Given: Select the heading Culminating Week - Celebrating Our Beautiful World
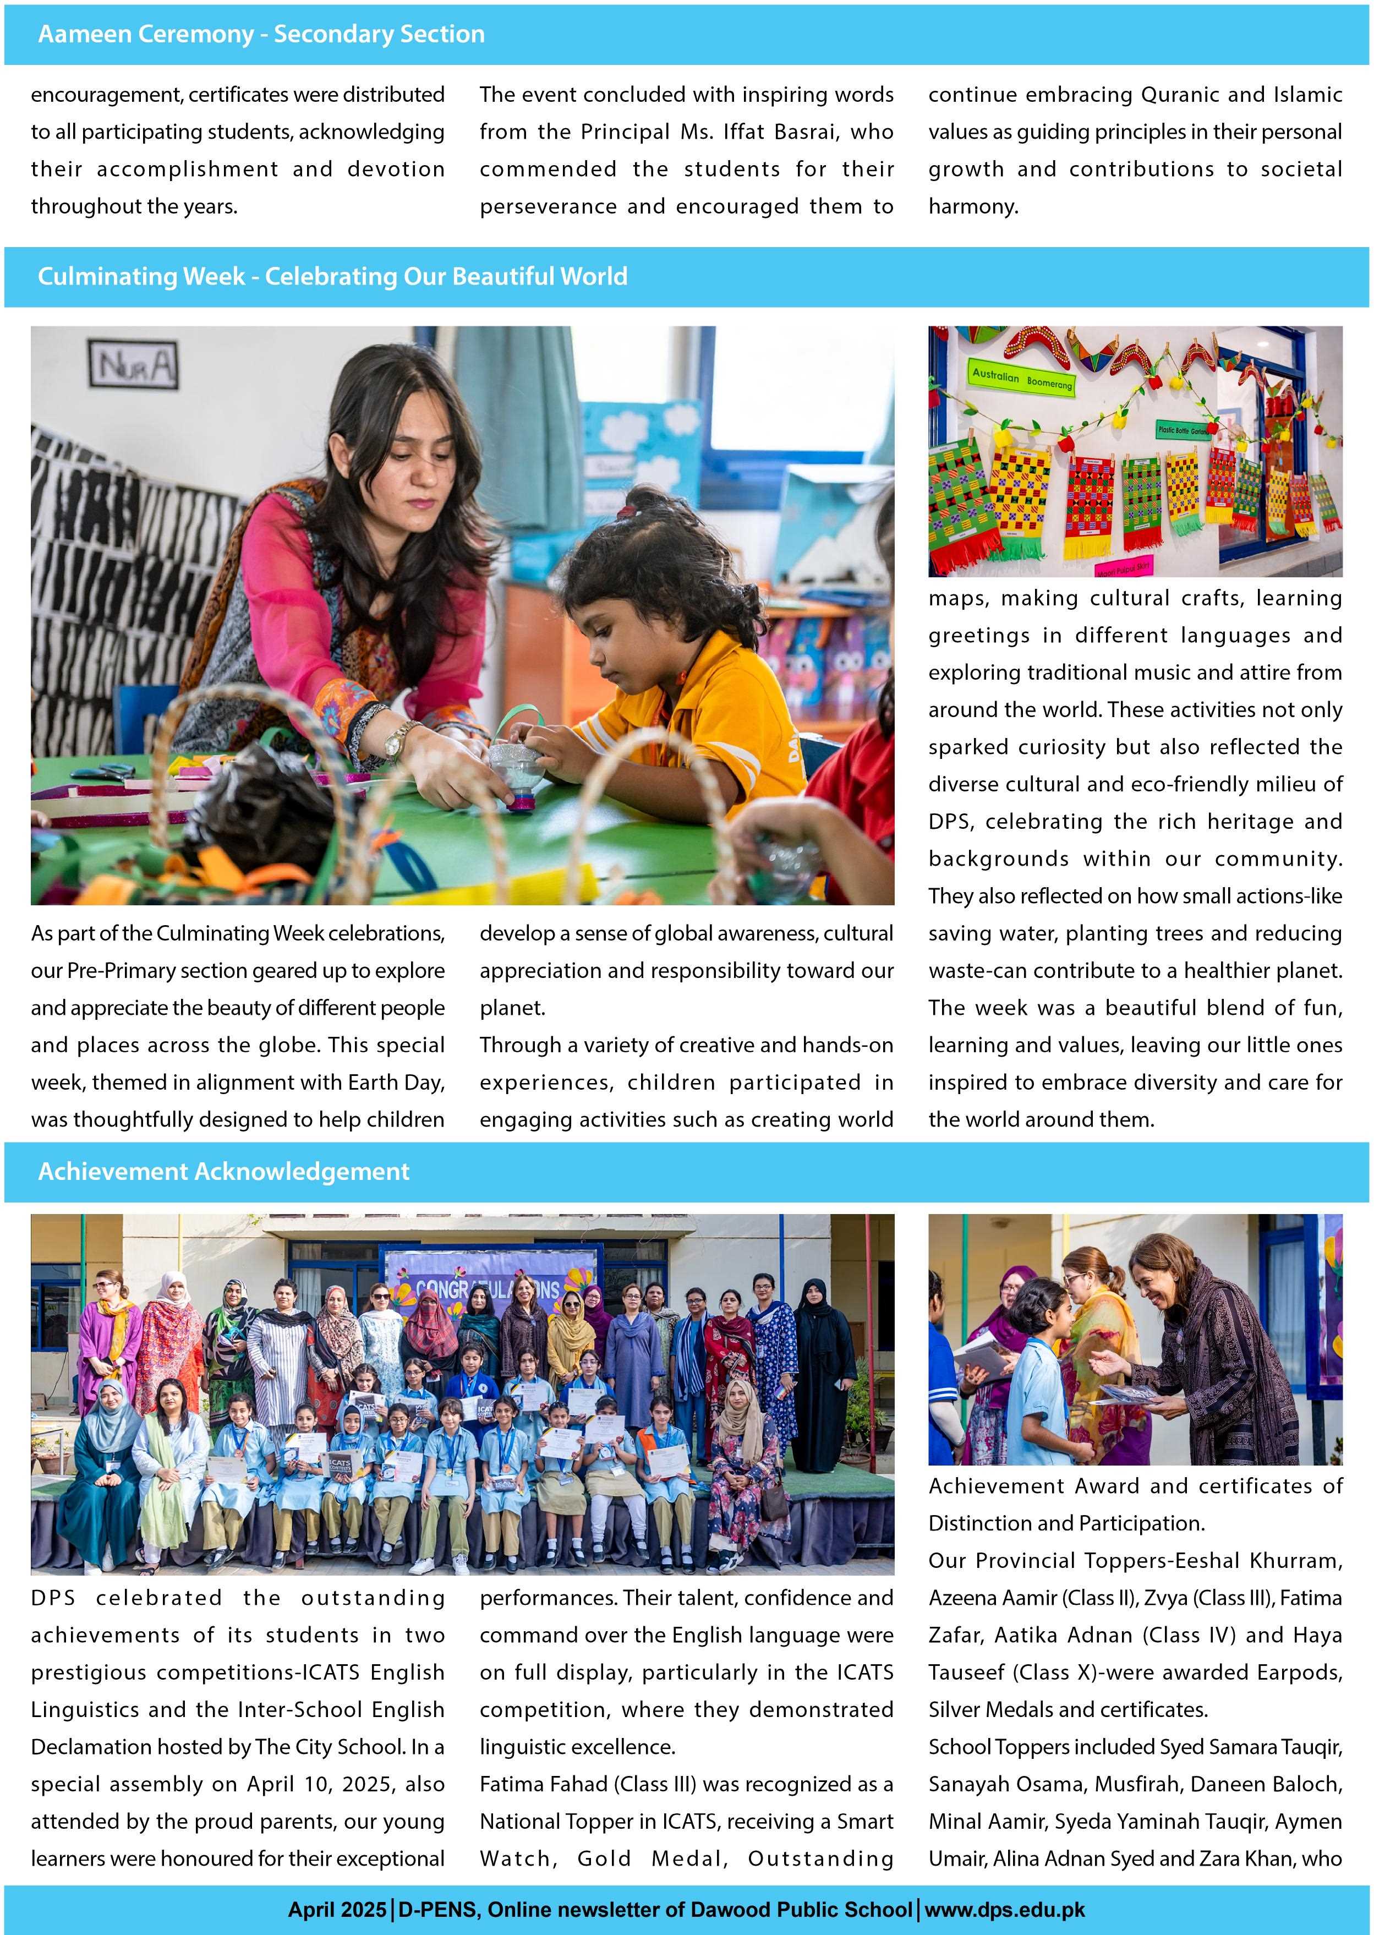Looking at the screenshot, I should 332,277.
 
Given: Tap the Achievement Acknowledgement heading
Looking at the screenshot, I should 223,1172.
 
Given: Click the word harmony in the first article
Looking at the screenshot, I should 972,206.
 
